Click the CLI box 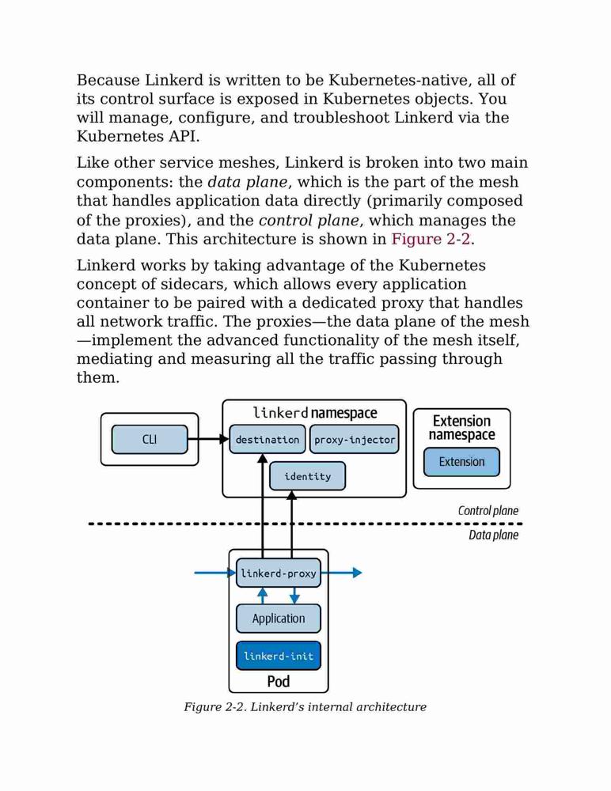(x=150, y=439)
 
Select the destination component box (x=268, y=439)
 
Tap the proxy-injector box (x=354, y=439)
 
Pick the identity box (x=308, y=476)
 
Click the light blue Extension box (x=461, y=462)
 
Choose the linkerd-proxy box (x=279, y=573)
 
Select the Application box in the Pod (x=279, y=619)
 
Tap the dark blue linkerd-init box (x=279, y=656)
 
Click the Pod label (x=279, y=682)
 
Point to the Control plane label (x=488, y=510)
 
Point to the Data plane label (x=493, y=535)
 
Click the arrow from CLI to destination (x=209, y=439)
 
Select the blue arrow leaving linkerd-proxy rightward (x=341, y=573)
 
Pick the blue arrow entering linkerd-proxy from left (x=215, y=573)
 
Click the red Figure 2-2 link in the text (x=431, y=239)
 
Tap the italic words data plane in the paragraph (x=248, y=182)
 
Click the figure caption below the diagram (x=305, y=706)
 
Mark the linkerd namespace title (x=314, y=413)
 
